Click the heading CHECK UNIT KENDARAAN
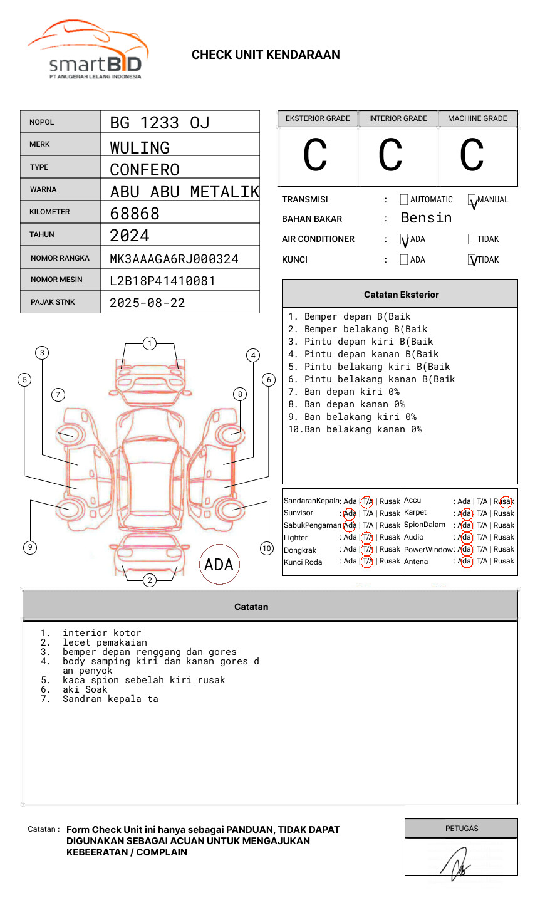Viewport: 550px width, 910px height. click(266, 55)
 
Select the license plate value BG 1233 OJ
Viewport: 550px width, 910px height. click(159, 123)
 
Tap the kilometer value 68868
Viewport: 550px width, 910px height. click(135, 214)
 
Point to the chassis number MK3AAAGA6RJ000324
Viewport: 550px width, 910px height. click(174, 259)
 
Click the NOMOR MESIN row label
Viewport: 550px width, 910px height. click(56, 280)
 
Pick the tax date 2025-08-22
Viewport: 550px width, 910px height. click(147, 303)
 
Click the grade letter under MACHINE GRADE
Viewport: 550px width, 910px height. click(472, 155)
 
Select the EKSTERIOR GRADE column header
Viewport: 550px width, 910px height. click(318, 118)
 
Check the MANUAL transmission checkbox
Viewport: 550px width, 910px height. click(472, 200)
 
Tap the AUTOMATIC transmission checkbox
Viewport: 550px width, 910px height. click(404, 200)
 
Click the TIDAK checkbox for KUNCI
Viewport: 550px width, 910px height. click(472, 260)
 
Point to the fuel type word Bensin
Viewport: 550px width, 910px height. click(426, 218)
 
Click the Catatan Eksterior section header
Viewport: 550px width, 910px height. click(401, 295)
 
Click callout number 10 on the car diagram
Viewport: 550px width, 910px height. click(267, 548)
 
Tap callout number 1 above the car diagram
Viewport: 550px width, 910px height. click(149, 343)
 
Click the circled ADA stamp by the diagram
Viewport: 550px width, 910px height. click(219, 565)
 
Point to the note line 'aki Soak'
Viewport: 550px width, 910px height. click(85, 689)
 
